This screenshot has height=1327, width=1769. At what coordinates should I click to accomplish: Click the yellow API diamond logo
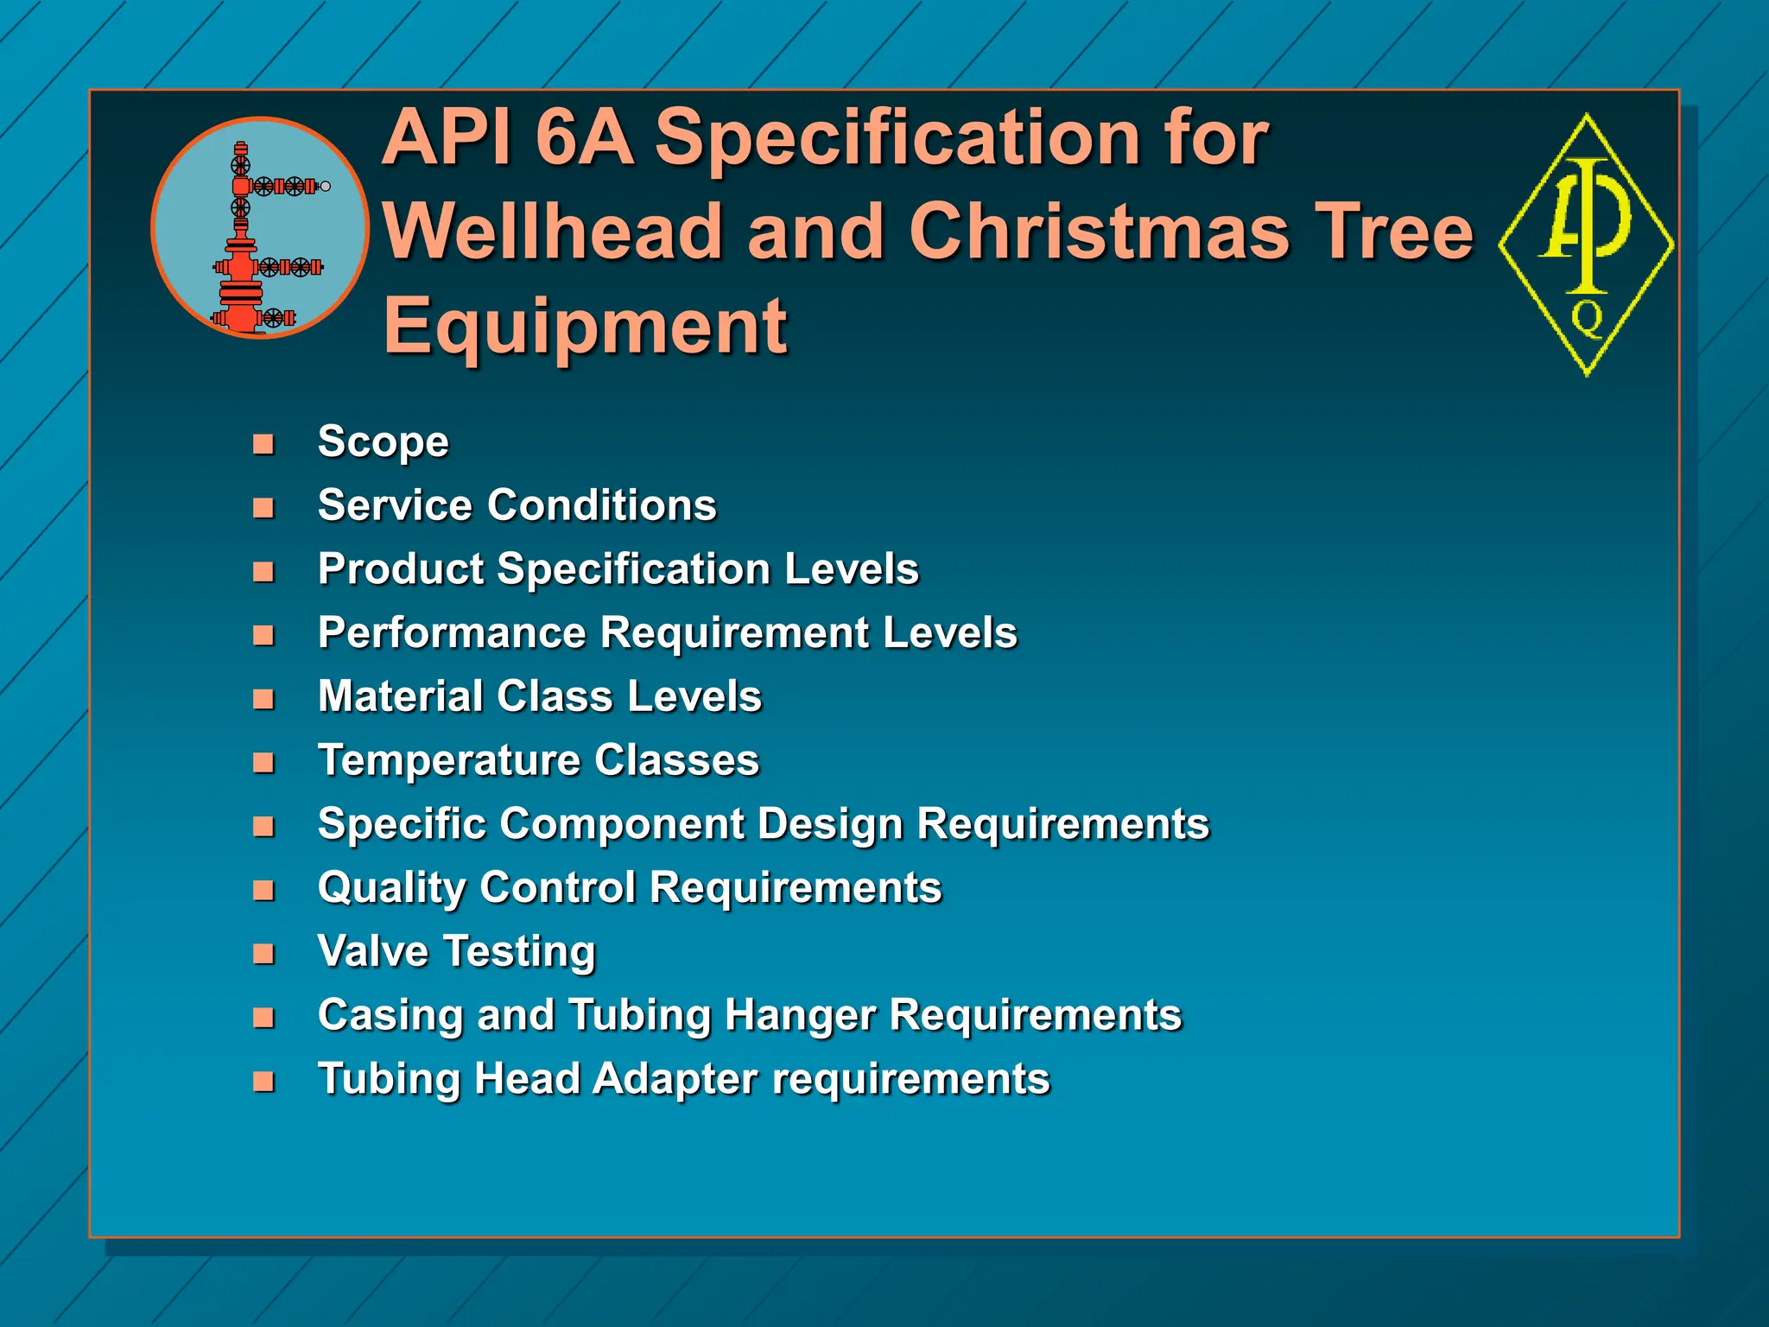[x=1587, y=244]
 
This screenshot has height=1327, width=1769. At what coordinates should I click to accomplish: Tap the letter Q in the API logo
[x=1587, y=318]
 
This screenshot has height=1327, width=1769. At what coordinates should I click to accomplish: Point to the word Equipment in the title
[x=585, y=326]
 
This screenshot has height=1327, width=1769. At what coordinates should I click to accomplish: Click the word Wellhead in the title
[x=553, y=231]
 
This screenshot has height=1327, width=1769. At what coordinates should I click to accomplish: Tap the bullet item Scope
[x=383, y=442]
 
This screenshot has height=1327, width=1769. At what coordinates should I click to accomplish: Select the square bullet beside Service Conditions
[x=263, y=508]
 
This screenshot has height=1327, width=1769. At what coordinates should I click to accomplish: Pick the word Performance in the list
[x=452, y=632]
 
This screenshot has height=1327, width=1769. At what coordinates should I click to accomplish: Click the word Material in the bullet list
[x=400, y=696]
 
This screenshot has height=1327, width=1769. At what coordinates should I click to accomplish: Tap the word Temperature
[x=448, y=760]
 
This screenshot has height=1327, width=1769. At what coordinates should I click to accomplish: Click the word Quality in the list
[x=392, y=888]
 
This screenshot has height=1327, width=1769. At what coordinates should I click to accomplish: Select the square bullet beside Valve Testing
[x=263, y=954]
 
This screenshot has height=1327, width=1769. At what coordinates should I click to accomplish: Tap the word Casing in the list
[x=390, y=1016]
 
